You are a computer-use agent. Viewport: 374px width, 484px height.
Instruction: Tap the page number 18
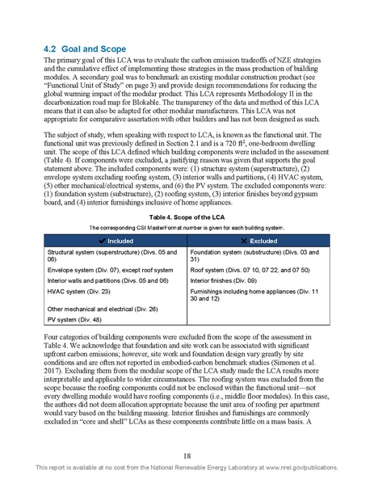click(186, 456)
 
